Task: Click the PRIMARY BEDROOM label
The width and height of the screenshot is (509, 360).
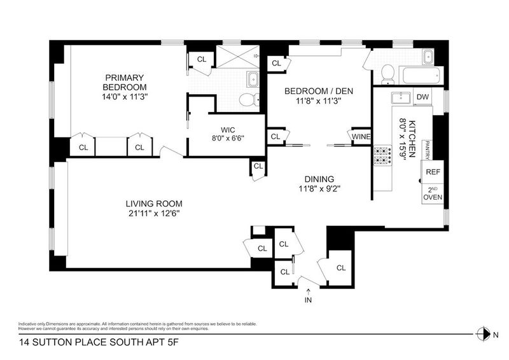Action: pyautogui.click(x=125, y=83)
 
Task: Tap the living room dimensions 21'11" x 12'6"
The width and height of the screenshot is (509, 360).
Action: pyautogui.click(x=154, y=214)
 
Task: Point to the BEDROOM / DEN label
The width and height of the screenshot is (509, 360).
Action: pyautogui.click(x=319, y=91)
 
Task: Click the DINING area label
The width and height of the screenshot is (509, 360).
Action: pyautogui.click(x=319, y=179)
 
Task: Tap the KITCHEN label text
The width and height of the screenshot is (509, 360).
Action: pyautogui.click(x=412, y=139)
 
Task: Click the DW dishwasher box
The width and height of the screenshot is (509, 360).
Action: pyautogui.click(x=422, y=97)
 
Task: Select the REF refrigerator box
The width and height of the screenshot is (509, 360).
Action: pyautogui.click(x=433, y=172)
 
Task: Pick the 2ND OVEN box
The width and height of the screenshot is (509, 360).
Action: pyautogui.click(x=433, y=194)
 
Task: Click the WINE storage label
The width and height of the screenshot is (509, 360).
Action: pyautogui.click(x=361, y=137)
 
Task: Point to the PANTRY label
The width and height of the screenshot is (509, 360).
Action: pyautogui.click(x=427, y=150)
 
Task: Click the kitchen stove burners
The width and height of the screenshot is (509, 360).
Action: pyautogui.click(x=383, y=156)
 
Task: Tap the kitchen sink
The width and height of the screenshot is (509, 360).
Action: pyautogui.click(x=402, y=97)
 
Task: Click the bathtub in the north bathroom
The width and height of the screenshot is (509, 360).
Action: pyautogui.click(x=421, y=75)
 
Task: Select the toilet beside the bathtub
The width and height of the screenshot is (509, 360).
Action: pyautogui.click(x=387, y=74)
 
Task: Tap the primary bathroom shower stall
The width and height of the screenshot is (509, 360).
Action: pyautogui.click(x=238, y=57)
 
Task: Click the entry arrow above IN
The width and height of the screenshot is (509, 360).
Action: pyautogui.click(x=308, y=291)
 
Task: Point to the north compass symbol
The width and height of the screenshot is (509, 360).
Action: pyautogui.click(x=484, y=334)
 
